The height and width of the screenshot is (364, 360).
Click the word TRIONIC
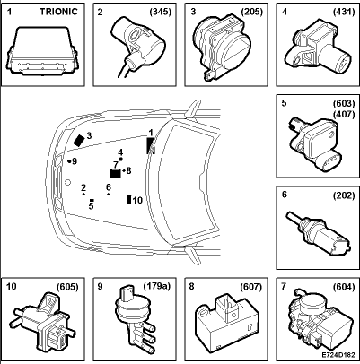pos(59,12)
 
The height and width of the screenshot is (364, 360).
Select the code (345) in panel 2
pos(161,12)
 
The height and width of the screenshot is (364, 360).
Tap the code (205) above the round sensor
pos(252,12)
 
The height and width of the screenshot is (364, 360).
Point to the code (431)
pos(344,12)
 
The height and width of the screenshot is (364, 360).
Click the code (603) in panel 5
pos(344,103)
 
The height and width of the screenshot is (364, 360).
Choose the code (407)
pos(344,114)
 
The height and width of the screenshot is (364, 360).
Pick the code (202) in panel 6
pos(344,195)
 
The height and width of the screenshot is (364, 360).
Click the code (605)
pos(67,287)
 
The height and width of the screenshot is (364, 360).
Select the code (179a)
pos(156,286)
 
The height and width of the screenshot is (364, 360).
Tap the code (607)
pos(251,287)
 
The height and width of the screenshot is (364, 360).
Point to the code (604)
pos(344,287)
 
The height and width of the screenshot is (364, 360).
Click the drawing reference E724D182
pos(338,355)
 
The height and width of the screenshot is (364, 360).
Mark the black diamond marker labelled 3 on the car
pos(79,140)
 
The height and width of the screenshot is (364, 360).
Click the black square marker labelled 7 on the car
pos(116,173)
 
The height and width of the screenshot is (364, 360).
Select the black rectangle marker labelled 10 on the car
pos(129,200)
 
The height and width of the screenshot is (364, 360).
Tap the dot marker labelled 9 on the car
pos(69,161)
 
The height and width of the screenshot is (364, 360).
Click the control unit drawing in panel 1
pos(42,51)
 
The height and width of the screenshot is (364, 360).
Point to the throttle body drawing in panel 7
pos(319,325)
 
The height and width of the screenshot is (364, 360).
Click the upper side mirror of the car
pos(192,108)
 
